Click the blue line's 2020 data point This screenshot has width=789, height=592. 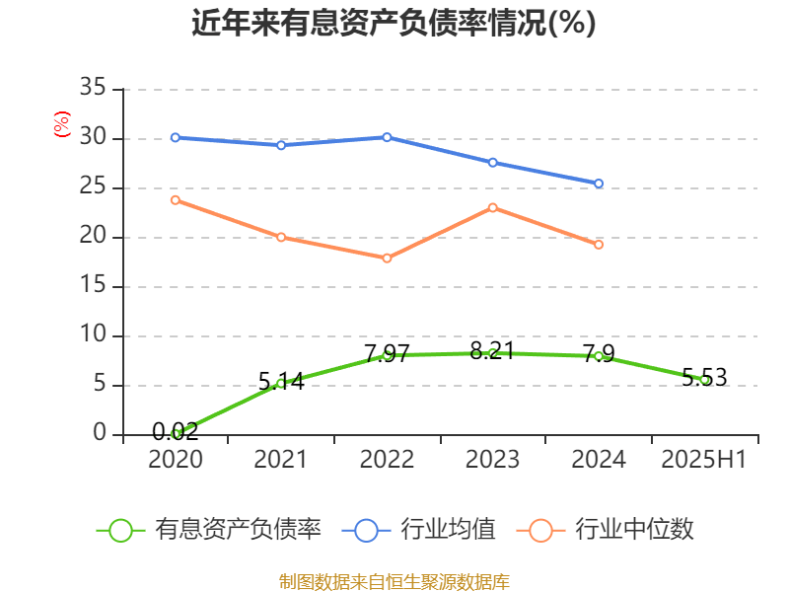pyautogui.click(x=176, y=137)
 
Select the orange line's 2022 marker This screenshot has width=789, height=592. pyautogui.click(x=388, y=259)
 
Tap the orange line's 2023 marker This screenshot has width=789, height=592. pyautogui.click(x=493, y=207)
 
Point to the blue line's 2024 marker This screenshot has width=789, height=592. pyautogui.click(x=599, y=184)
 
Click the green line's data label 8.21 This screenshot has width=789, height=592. pyautogui.click(x=492, y=350)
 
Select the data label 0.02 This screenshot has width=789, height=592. pyautogui.click(x=176, y=431)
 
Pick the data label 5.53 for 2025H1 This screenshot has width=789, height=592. pyautogui.click(x=704, y=376)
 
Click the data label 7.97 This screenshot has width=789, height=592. pyautogui.click(x=387, y=353)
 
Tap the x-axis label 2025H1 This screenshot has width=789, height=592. pyautogui.click(x=704, y=460)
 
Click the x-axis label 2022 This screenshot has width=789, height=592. pyautogui.click(x=387, y=460)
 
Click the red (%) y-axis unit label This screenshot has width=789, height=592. pyautogui.click(x=61, y=123)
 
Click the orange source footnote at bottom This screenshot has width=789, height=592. pyautogui.click(x=394, y=581)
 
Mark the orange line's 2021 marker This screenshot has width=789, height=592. pyautogui.click(x=281, y=237)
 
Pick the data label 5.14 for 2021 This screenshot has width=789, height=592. pyautogui.click(x=281, y=381)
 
